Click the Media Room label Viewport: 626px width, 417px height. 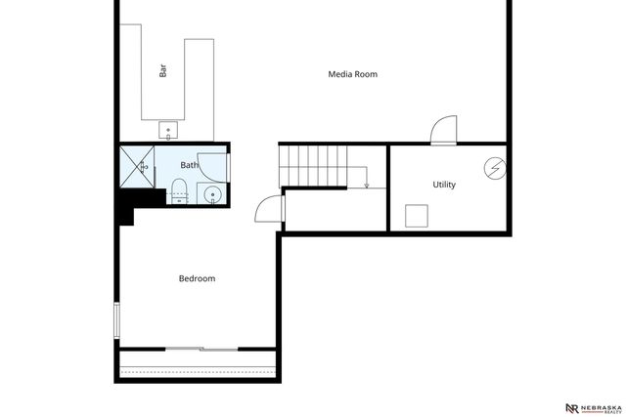tap(352, 74)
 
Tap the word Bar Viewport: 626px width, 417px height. tap(162, 71)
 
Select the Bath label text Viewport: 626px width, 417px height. tap(189, 165)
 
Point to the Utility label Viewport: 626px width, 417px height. tap(444, 185)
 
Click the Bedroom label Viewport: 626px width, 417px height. tap(197, 278)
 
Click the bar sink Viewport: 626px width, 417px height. tap(167, 129)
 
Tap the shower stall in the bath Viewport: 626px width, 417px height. tap(136, 166)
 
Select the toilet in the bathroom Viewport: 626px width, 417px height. tap(179, 188)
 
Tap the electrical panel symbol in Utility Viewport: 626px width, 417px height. tap(496, 168)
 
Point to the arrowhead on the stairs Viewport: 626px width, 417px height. tap(366, 185)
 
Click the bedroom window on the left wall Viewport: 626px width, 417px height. tap(116, 319)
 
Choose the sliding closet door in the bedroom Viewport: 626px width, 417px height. tap(201, 348)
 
